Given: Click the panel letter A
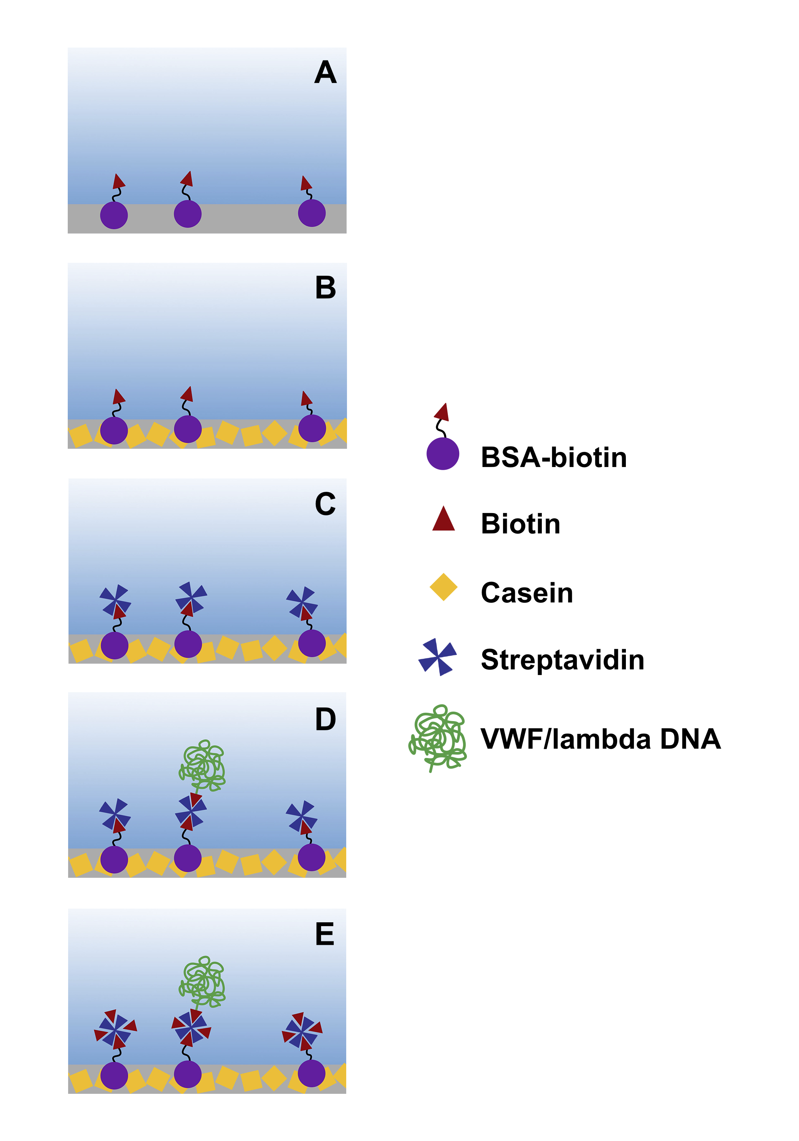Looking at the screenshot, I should (x=325, y=73).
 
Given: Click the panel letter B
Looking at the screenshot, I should (x=325, y=288).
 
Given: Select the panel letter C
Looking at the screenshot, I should (x=325, y=504).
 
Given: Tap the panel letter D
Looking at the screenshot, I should (x=325, y=719).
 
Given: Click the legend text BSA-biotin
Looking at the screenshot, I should (x=553, y=457).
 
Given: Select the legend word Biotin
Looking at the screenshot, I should (x=520, y=524).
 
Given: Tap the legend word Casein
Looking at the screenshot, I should (x=527, y=593).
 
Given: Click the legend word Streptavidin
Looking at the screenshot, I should (x=562, y=660).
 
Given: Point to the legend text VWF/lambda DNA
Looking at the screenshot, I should (x=600, y=739).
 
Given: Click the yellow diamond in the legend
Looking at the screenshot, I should (x=443, y=587).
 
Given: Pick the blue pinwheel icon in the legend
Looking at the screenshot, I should (x=437, y=657).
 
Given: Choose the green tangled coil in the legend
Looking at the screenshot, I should (x=438, y=737).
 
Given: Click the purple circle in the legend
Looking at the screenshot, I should (x=442, y=454).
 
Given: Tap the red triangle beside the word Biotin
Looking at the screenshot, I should (x=444, y=519).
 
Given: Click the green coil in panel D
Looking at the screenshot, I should (x=202, y=765).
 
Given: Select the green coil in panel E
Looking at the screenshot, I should (x=202, y=982).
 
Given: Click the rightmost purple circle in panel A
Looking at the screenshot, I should (x=312, y=213).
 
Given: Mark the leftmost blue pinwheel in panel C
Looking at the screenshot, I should (x=115, y=601).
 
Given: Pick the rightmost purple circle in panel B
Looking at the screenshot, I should (x=312, y=428).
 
